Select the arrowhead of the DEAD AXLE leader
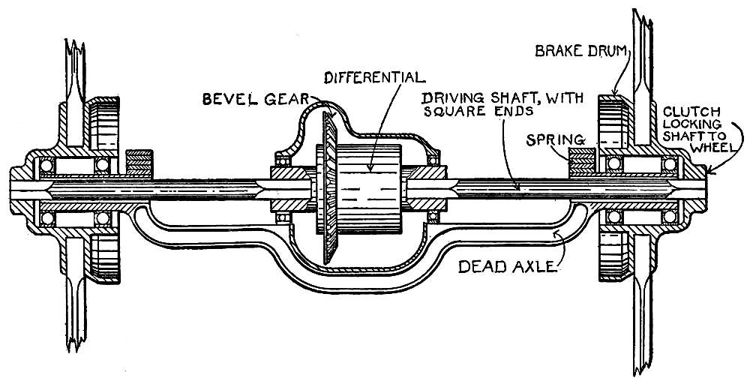point(553,234)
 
